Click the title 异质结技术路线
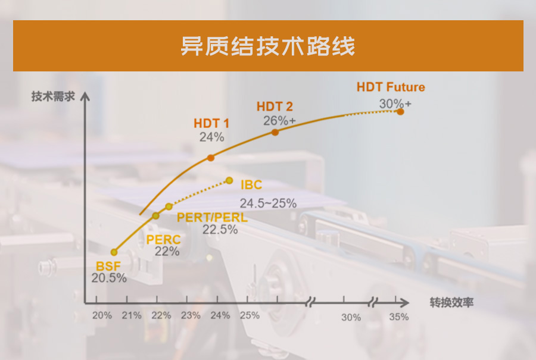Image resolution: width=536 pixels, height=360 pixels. click(267, 46)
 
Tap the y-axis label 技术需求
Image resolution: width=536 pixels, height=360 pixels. click(53, 96)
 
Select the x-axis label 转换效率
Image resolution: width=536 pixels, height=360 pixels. click(451, 302)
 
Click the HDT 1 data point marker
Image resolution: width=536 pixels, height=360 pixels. click(211, 158)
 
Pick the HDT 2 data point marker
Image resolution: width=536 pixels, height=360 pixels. click(275, 132)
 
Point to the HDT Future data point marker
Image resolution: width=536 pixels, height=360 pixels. click(400, 112)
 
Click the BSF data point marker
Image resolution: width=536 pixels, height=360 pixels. click(114, 252)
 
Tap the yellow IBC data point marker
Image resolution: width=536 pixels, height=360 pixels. click(229, 180)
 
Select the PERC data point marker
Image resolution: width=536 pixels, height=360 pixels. click(155, 216)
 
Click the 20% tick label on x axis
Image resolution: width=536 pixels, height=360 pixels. click(102, 315)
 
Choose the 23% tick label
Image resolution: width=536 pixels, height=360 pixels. click(191, 315)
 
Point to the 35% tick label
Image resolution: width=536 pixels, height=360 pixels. click(399, 317)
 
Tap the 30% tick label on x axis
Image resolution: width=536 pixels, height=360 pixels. click(351, 317)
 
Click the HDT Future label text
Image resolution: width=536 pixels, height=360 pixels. click(391, 87)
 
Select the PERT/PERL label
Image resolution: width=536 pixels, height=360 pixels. click(212, 218)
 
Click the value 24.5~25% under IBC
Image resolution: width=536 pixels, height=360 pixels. click(268, 204)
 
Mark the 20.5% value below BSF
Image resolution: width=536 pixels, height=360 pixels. click(109, 278)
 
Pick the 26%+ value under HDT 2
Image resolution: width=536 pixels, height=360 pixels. click(279, 121)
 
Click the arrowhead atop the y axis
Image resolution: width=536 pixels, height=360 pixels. click(85, 96)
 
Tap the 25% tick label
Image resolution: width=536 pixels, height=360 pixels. click(250, 315)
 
